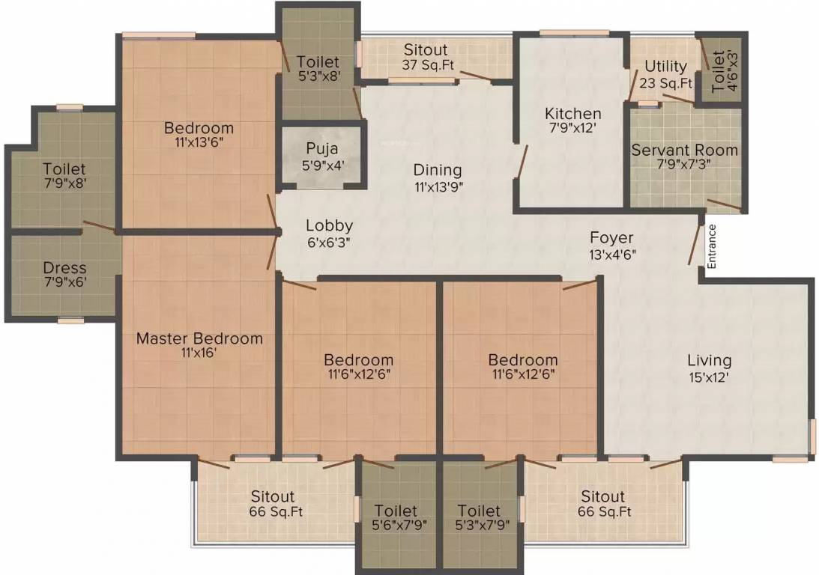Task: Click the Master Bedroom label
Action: (199, 338)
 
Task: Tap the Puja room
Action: (321, 156)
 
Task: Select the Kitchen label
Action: (572, 114)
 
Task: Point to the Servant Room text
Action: (684, 150)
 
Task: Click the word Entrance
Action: (712, 246)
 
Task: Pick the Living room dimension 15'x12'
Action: (709, 377)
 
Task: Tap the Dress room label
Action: (64, 268)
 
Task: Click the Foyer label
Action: (611, 238)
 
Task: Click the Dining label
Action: (437, 171)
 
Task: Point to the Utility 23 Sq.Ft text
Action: (665, 75)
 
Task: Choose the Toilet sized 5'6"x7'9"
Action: (398, 517)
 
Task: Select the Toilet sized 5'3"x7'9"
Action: (479, 517)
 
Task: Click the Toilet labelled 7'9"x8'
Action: (64, 177)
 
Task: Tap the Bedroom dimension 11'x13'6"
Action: (199, 143)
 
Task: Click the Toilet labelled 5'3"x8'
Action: (318, 69)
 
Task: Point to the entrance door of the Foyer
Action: (695, 243)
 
